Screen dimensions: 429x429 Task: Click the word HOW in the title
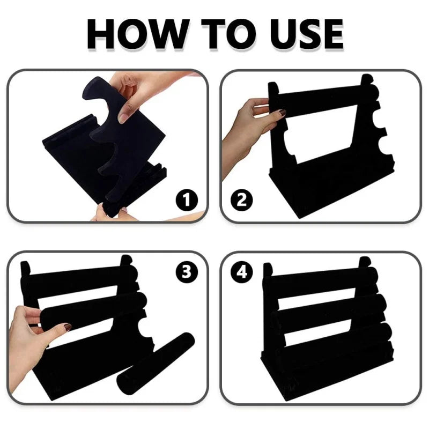click(x=138, y=34)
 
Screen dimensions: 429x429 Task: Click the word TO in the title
click(x=229, y=34)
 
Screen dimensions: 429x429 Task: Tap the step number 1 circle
click(x=187, y=199)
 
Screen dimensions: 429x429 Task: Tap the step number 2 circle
click(x=242, y=199)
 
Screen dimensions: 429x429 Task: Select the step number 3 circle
click(x=187, y=272)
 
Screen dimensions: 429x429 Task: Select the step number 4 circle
click(x=242, y=272)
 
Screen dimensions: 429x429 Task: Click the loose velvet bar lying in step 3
click(x=156, y=364)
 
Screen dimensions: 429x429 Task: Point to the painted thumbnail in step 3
click(x=68, y=327)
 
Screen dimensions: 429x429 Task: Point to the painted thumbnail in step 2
click(x=282, y=112)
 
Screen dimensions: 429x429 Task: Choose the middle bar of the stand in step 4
click(x=328, y=309)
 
